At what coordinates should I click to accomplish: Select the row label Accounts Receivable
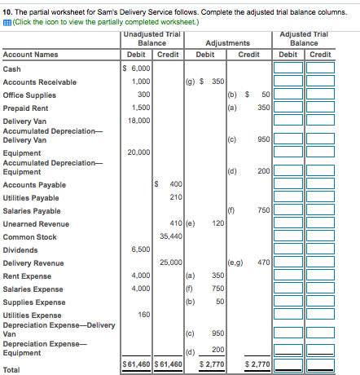pos(40,82)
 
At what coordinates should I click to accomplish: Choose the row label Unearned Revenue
pos(36,223)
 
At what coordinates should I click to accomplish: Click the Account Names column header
pos(30,55)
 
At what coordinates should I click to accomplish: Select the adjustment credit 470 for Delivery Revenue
pos(263,262)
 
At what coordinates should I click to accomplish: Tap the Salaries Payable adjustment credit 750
pos(263,210)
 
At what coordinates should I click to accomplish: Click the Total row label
pos(11,369)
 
